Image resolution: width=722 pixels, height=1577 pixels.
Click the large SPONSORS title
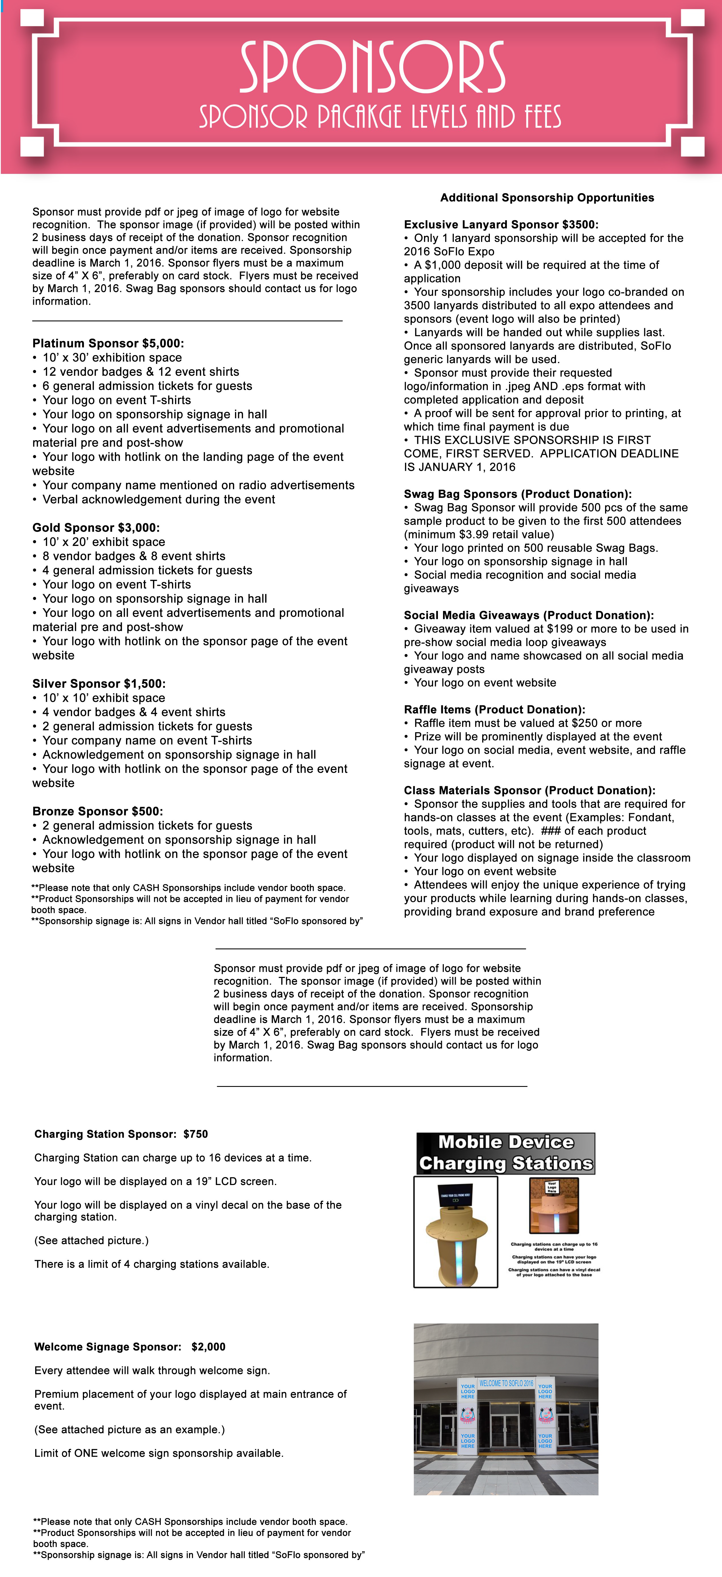[372, 67]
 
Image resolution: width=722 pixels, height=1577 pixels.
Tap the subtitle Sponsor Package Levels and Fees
[380, 116]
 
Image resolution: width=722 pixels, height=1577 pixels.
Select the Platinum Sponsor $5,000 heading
[108, 343]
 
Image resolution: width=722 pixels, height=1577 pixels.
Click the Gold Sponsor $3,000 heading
[96, 528]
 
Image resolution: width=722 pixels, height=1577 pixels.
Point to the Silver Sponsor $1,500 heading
[98, 684]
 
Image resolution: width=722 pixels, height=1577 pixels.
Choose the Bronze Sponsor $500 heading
[97, 811]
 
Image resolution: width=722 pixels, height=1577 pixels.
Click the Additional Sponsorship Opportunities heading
[547, 198]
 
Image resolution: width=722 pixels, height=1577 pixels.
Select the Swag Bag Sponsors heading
[517, 494]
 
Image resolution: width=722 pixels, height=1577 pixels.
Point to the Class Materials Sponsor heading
[529, 790]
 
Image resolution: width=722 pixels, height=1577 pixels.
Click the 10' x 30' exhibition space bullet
[112, 357]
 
